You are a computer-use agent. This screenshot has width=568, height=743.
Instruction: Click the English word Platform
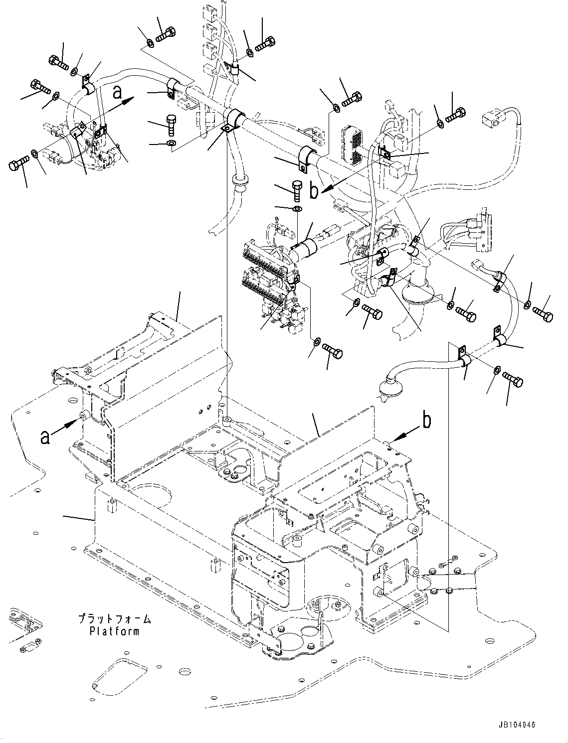pos(114,631)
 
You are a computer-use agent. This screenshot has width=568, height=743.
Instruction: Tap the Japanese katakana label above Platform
pos(114,619)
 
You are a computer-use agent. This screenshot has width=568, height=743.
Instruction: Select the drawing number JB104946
pos(516,725)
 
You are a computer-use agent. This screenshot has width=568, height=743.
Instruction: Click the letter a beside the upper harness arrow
pos(117,92)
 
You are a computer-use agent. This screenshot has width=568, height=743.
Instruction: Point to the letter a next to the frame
pos(45,437)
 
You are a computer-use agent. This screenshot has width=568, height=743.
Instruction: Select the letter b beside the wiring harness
pos(314,191)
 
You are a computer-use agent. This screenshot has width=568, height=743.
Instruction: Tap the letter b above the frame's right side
pos(427,421)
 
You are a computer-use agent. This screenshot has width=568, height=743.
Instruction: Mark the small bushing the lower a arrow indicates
pos(85,415)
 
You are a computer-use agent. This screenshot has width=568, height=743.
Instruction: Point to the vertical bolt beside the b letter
pos(296,190)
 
